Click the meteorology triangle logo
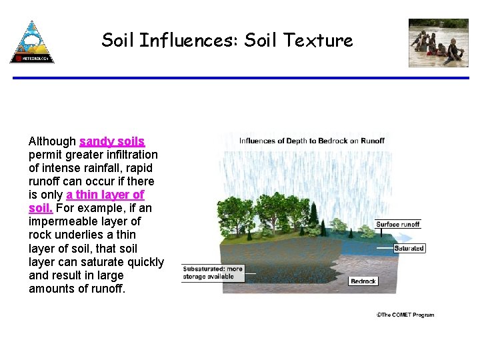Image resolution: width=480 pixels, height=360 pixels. [32, 42]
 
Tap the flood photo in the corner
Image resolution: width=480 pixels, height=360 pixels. [438, 43]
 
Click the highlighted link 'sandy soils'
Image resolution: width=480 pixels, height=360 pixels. [112, 141]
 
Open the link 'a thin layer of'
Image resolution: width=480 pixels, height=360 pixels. [105, 195]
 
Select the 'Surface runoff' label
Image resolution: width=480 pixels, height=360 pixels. [397, 224]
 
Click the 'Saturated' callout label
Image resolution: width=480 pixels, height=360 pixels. [409, 248]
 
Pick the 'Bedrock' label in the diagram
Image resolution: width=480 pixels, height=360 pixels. [363, 281]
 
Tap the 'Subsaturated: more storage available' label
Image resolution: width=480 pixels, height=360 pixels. [213, 272]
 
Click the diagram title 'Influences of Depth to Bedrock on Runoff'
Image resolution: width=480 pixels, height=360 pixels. [312, 141]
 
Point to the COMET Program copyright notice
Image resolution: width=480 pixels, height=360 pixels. [405, 315]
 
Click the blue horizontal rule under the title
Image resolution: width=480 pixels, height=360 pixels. [240, 78]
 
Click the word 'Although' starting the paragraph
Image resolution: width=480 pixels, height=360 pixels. [52, 141]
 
